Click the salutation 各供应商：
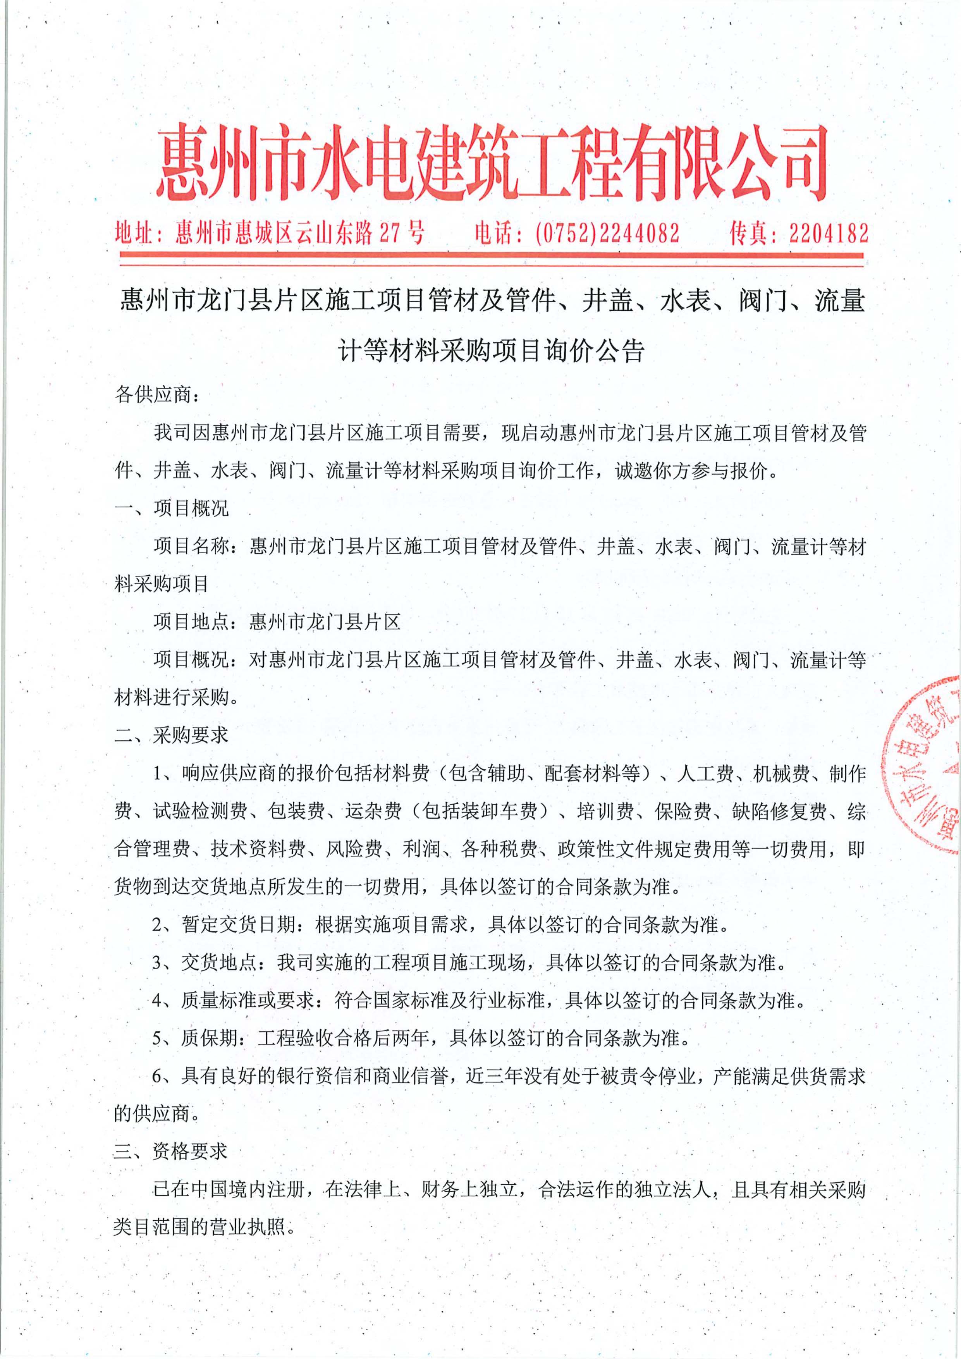[x=157, y=395]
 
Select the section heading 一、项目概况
[x=172, y=508]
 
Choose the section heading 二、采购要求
[x=172, y=735]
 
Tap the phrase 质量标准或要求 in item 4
[x=248, y=1000]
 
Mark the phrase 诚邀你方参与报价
[x=691, y=471]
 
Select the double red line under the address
[x=491, y=256]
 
